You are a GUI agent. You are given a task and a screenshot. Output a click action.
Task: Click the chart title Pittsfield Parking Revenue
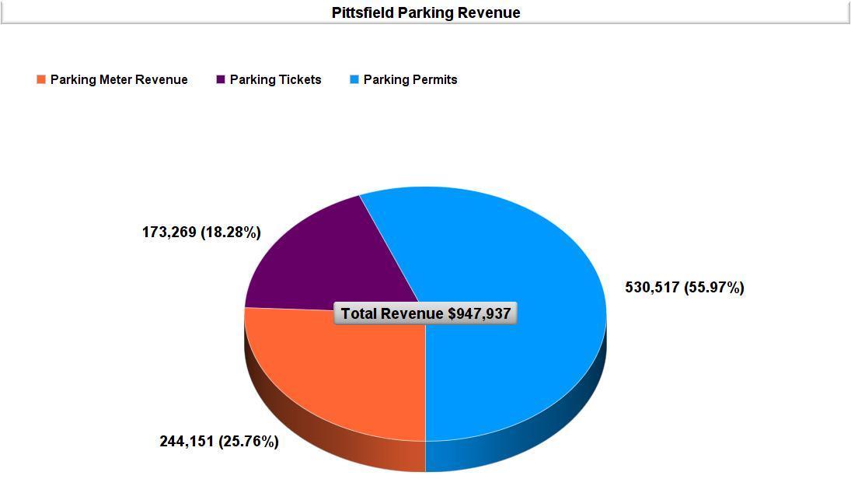click(426, 12)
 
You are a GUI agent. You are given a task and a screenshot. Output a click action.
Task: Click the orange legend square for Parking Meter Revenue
click(41, 79)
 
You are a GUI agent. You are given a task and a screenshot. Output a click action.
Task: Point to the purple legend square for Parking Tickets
click(221, 79)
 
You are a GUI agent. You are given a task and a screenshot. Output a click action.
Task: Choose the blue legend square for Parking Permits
click(354, 79)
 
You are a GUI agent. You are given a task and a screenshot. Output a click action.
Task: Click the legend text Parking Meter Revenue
click(119, 79)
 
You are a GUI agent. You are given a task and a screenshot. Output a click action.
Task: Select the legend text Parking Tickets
click(275, 79)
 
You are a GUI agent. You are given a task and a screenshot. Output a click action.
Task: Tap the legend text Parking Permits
click(410, 79)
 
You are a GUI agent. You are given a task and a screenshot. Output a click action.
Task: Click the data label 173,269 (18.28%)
click(201, 232)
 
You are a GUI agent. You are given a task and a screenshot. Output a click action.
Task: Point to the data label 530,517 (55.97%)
click(685, 288)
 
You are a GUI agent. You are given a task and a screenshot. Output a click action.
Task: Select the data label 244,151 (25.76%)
click(219, 442)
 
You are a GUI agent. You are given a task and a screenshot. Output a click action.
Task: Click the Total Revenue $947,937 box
click(426, 313)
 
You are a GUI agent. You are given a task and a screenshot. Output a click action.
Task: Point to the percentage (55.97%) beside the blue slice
click(714, 288)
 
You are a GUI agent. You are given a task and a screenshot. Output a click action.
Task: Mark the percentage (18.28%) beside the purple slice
click(231, 232)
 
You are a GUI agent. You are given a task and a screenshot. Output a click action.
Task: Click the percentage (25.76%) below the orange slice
click(249, 442)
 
